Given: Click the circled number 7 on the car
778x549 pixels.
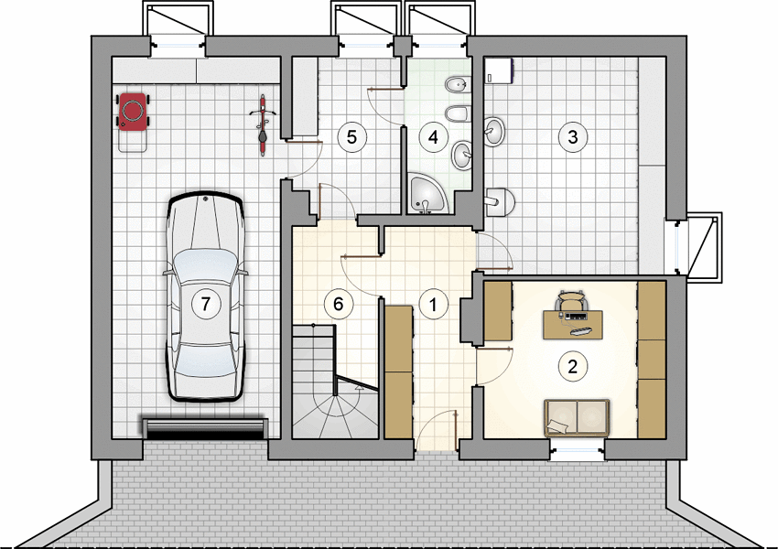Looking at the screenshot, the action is point(206,304).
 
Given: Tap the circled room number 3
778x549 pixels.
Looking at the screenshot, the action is point(573,136).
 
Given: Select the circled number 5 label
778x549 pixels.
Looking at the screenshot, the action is point(351,137).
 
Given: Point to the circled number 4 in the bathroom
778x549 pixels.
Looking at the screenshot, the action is point(434,137).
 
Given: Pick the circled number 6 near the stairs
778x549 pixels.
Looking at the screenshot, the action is point(339,304).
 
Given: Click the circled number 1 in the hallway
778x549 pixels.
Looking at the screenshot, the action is point(434,304).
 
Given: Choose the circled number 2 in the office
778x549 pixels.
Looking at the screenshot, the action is point(573,367).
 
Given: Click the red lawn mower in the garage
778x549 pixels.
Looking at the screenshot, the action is point(133,122).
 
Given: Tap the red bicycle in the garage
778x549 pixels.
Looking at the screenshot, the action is point(262,125).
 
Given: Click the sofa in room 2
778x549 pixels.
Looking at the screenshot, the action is point(577,417).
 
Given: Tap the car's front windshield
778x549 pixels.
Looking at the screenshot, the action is point(205,267).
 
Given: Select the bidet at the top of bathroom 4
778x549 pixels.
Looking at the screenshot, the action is point(457,86).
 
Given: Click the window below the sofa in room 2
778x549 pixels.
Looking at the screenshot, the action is point(577,451).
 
